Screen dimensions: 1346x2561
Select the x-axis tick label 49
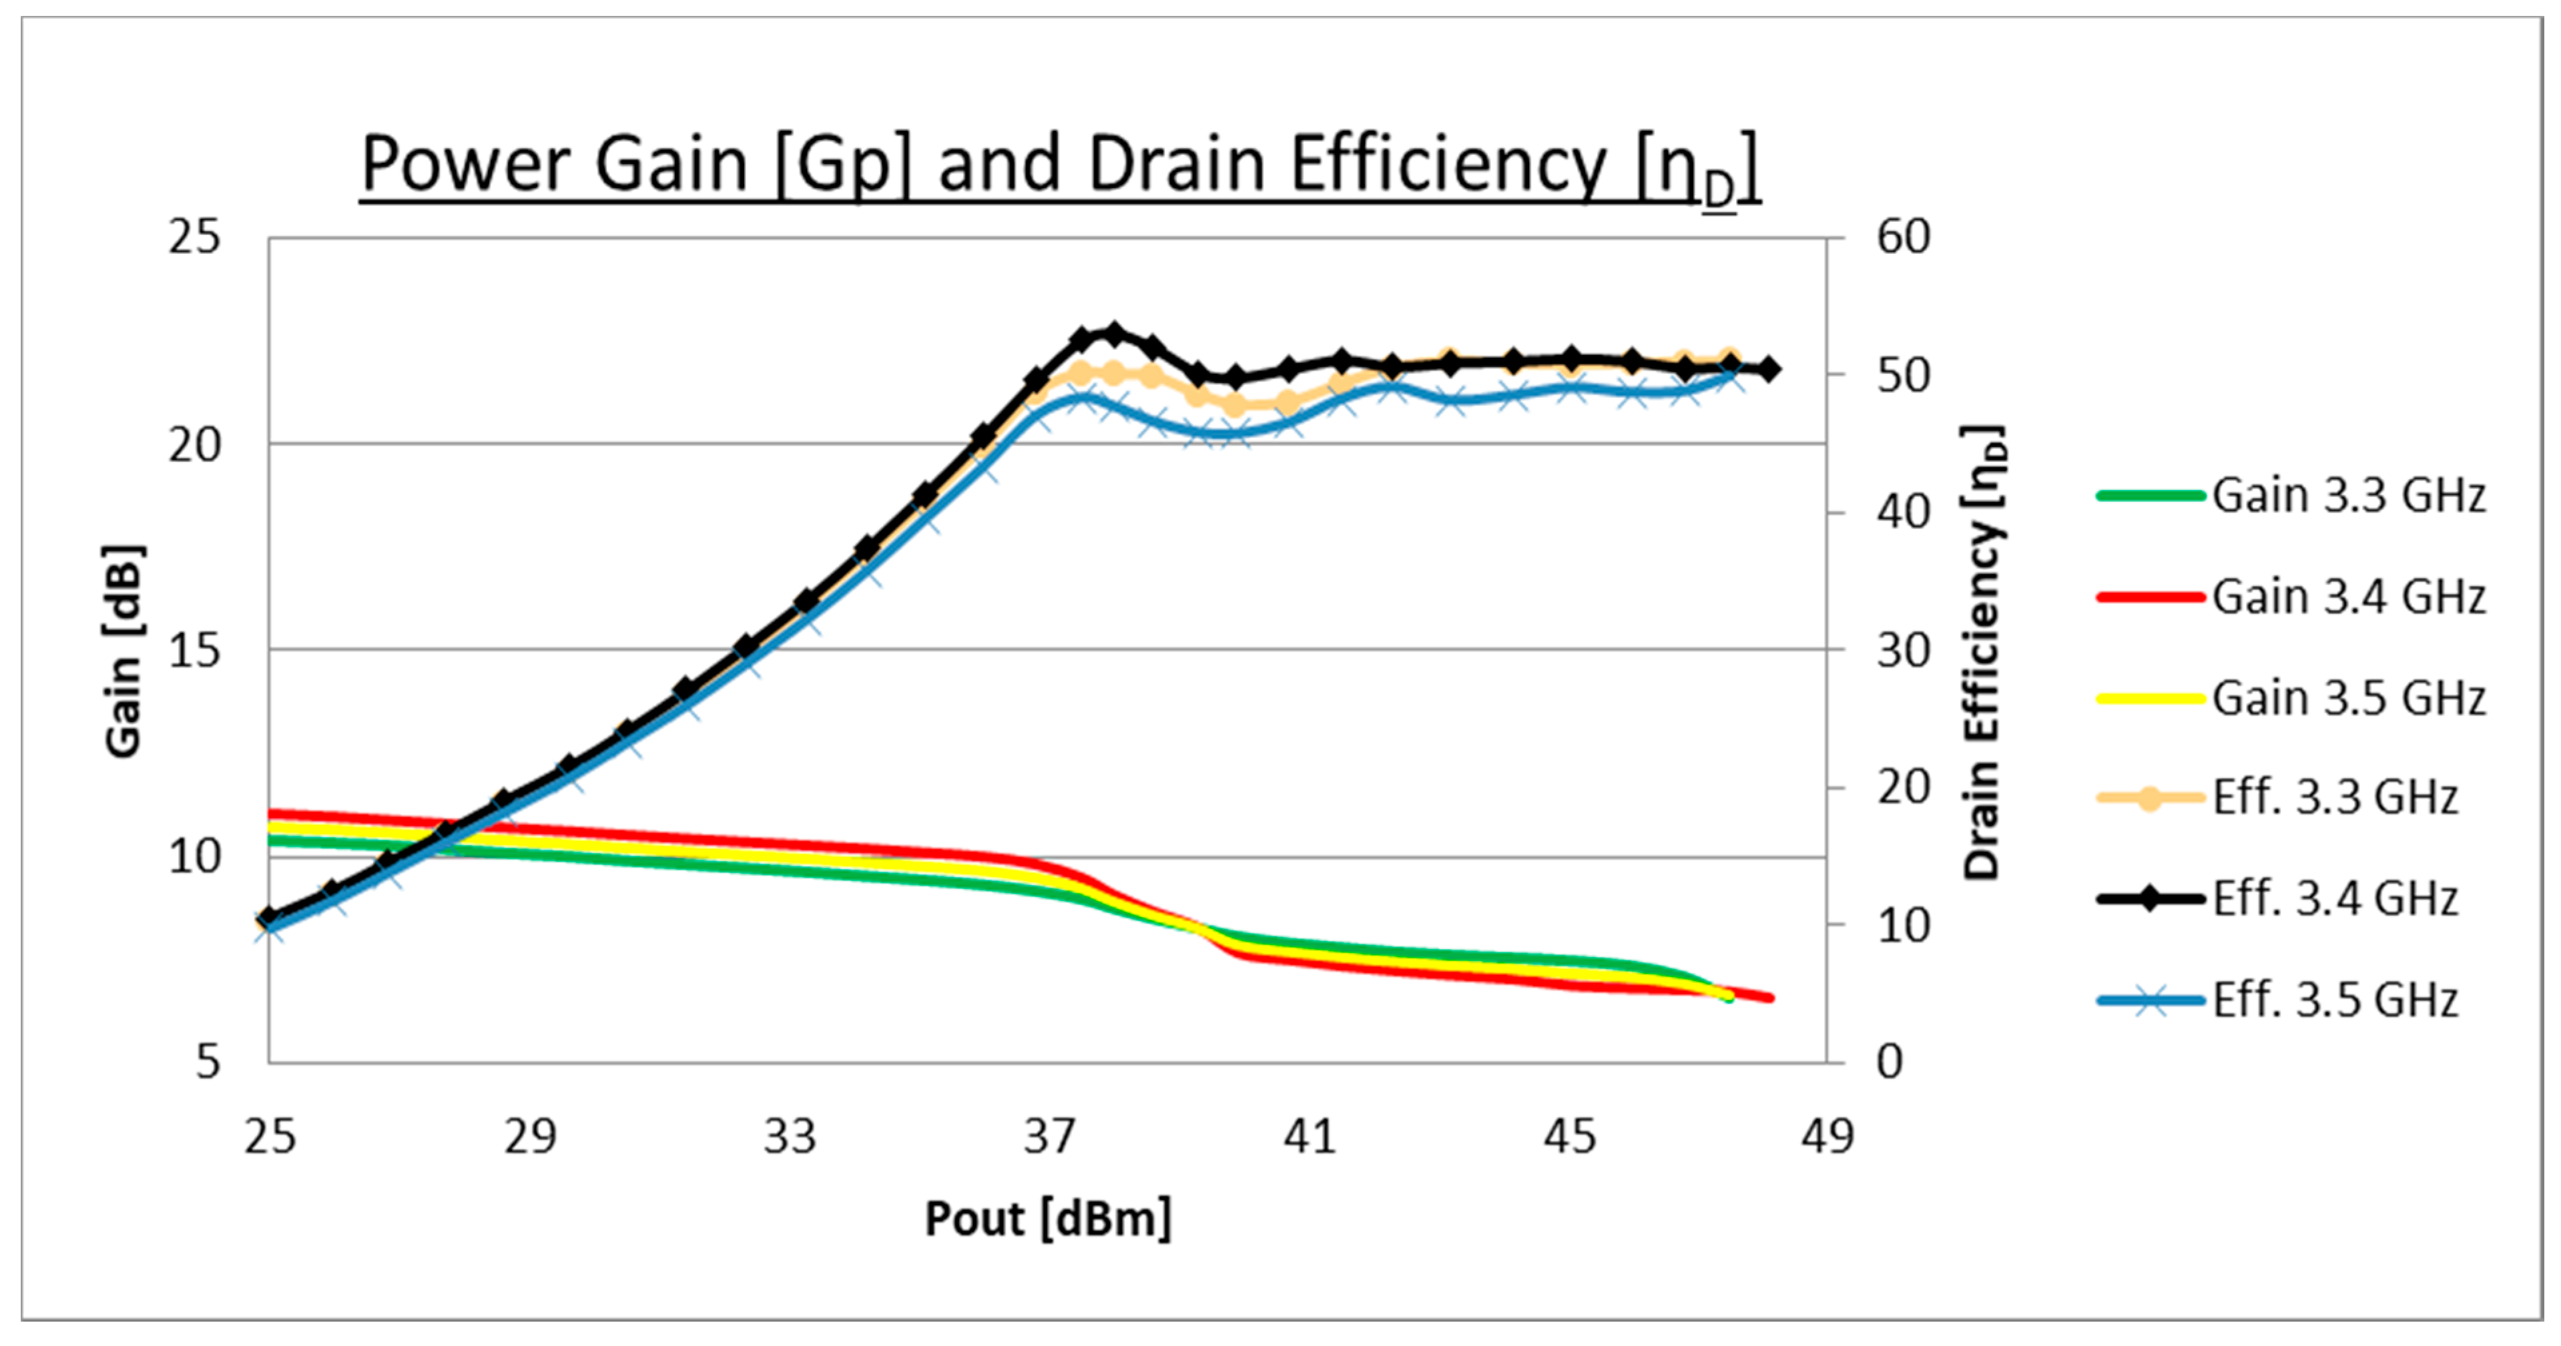click(x=1827, y=1136)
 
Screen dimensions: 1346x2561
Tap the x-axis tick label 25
click(x=270, y=1136)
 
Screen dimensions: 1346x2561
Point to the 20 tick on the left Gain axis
click(x=194, y=444)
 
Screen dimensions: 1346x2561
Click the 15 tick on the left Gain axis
click(x=194, y=651)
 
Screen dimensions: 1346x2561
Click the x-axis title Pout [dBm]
click(x=1048, y=1219)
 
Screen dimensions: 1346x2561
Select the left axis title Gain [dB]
click(x=124, y=651)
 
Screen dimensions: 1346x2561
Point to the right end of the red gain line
click(x=1769, y=998)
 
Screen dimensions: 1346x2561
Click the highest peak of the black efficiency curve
click(x=1113, y=333)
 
